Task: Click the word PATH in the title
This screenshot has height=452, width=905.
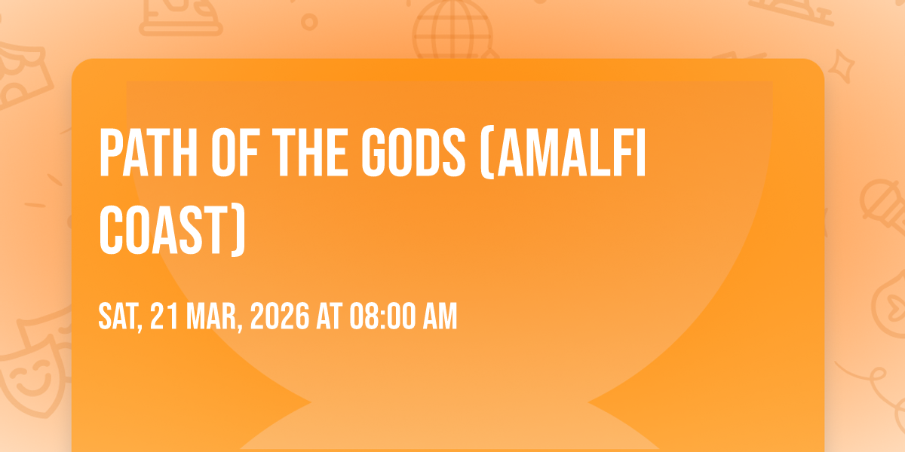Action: [x=149, y=152]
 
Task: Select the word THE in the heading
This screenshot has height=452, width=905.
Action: [x=309, y=152]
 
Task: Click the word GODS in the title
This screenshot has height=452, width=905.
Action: [x=413, y=152]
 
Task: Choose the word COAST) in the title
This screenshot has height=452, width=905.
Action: [x=173, y=231]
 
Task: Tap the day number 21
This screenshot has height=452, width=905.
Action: [x=164, y=316]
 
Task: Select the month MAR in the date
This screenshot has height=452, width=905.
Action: [x=214, y=317]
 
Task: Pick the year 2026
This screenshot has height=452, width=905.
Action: [x=280, y=316]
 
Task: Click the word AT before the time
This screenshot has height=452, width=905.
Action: [x=330, y=316]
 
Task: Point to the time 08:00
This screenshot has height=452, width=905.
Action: [x=382, y=316]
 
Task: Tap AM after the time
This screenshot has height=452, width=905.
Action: [x=440, y=316]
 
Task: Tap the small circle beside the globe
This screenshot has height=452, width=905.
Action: [x=309, y=22]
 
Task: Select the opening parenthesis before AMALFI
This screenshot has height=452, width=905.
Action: [x=487, y=154]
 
